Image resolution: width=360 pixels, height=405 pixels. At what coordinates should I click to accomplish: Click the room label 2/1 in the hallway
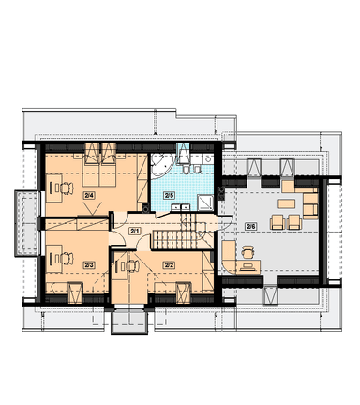[135, 232]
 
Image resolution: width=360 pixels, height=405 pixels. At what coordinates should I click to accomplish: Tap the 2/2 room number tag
[169, 265]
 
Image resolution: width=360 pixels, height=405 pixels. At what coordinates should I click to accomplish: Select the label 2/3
[89, 265]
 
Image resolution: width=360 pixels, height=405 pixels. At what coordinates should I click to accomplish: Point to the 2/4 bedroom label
[89, 196]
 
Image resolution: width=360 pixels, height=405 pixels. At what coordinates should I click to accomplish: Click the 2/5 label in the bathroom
[169, 196]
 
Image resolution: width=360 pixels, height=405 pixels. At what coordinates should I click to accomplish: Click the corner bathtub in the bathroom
[160, 164]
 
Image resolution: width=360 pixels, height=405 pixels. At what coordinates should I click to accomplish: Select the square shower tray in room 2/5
[205, 202]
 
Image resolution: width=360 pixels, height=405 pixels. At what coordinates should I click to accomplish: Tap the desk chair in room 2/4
[66, 187]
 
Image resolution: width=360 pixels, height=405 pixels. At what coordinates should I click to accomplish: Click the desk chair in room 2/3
[66, 259]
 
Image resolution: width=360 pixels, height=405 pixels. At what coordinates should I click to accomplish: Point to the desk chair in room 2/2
[131, 266]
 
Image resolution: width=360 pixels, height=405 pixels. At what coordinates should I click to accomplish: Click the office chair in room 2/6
[247, 252]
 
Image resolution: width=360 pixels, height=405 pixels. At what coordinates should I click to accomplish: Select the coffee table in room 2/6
[286, 203]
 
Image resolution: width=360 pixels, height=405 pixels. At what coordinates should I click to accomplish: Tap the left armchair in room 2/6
[277, 222]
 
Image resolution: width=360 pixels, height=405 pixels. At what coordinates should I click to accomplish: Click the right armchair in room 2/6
[294, 222]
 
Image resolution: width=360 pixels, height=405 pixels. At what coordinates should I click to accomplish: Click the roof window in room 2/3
[75, 292]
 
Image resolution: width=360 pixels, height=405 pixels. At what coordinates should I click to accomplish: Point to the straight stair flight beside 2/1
[174, 239]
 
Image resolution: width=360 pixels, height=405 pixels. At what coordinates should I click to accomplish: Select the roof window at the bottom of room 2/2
[183, 292]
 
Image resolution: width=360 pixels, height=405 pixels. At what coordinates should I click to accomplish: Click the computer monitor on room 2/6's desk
[247, 266]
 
